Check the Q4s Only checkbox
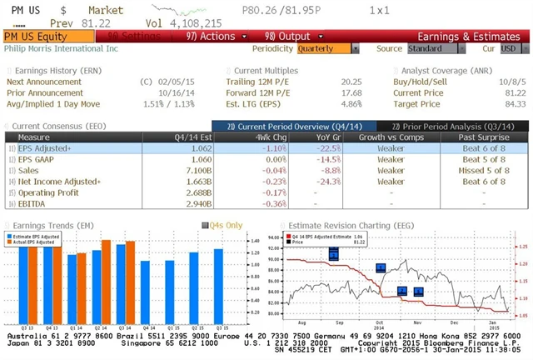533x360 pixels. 204,224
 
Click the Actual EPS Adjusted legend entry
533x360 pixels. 36,242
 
